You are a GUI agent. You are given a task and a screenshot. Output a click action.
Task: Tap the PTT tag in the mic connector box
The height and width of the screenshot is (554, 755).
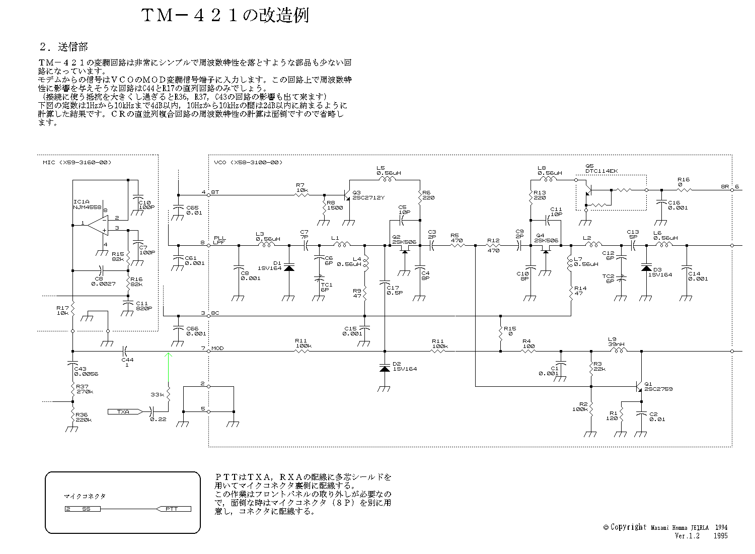coord(174,509)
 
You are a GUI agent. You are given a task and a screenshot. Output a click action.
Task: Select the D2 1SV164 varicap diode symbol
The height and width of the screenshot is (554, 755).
coord(385,369)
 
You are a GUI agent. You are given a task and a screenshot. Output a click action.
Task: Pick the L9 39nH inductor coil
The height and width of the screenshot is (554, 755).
coord(618,351)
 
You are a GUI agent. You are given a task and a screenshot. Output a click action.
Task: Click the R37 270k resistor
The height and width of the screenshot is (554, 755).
coord(72,389)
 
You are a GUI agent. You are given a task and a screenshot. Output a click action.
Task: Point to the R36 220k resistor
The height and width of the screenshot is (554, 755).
coord(72,415)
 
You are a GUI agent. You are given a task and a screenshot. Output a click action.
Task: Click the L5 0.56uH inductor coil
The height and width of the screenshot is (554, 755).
coord(387,180)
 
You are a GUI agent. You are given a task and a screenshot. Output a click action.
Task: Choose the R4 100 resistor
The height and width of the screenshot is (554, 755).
coord(527,351)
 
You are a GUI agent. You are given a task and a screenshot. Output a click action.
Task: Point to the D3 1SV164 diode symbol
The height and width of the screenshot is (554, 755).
coord(646,267)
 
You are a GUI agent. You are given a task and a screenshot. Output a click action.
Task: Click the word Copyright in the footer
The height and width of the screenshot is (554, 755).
coord(628,527)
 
